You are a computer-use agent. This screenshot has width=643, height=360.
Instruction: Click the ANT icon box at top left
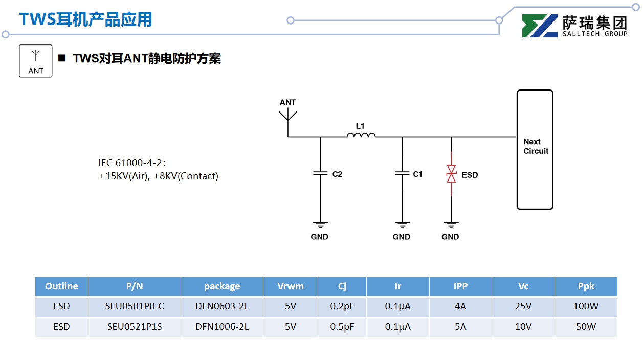(36, 61)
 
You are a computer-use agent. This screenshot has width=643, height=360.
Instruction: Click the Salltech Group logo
(574, 26)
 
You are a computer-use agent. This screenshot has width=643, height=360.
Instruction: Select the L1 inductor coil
(361, 135)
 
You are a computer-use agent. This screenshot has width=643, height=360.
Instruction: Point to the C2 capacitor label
(337, 174)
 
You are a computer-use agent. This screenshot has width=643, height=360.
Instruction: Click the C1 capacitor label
(418, 174)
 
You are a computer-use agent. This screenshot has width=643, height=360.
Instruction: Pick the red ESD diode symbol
(451, 174)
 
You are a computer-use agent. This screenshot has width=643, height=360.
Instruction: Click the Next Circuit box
(535, 149)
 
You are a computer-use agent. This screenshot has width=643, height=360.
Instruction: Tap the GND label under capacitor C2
(320, 237)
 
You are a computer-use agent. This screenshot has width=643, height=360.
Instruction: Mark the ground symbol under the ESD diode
(451, 224)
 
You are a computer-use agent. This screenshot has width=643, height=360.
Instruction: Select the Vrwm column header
(290, 286)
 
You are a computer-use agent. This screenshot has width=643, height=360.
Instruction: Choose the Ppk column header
(586, 286)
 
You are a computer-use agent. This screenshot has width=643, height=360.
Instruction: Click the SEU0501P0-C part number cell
(135, 307)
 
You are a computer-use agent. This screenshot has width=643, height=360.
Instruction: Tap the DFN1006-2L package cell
(222, 327)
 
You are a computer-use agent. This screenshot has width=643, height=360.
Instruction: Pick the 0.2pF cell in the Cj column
(342, 307)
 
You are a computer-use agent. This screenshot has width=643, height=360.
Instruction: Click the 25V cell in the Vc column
(523, 307)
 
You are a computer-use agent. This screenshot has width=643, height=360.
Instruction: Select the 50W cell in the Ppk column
(586, 327)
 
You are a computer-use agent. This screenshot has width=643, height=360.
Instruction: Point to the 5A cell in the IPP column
(460, 327)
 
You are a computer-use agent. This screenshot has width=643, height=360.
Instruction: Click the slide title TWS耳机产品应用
(85, 19)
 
